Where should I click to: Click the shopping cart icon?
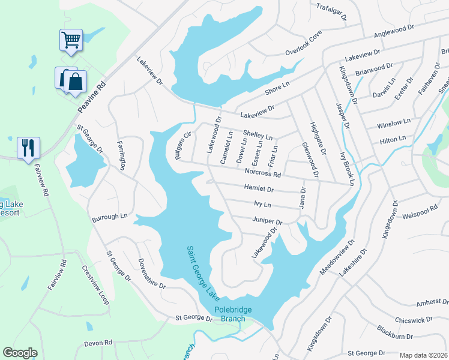tap(71, 40)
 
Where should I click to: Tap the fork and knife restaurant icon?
tap(28, 148)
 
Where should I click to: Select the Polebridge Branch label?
tap(230, 314)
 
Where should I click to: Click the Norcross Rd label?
tap(263, 173)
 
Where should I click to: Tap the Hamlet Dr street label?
tap(259, 188)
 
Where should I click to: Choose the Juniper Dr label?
tap(267, 220)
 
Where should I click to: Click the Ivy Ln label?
tap(263, 204)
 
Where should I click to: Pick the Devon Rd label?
tap(98, 343)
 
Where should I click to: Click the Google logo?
tap(20, 353)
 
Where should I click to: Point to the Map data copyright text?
tap(424, 355)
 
